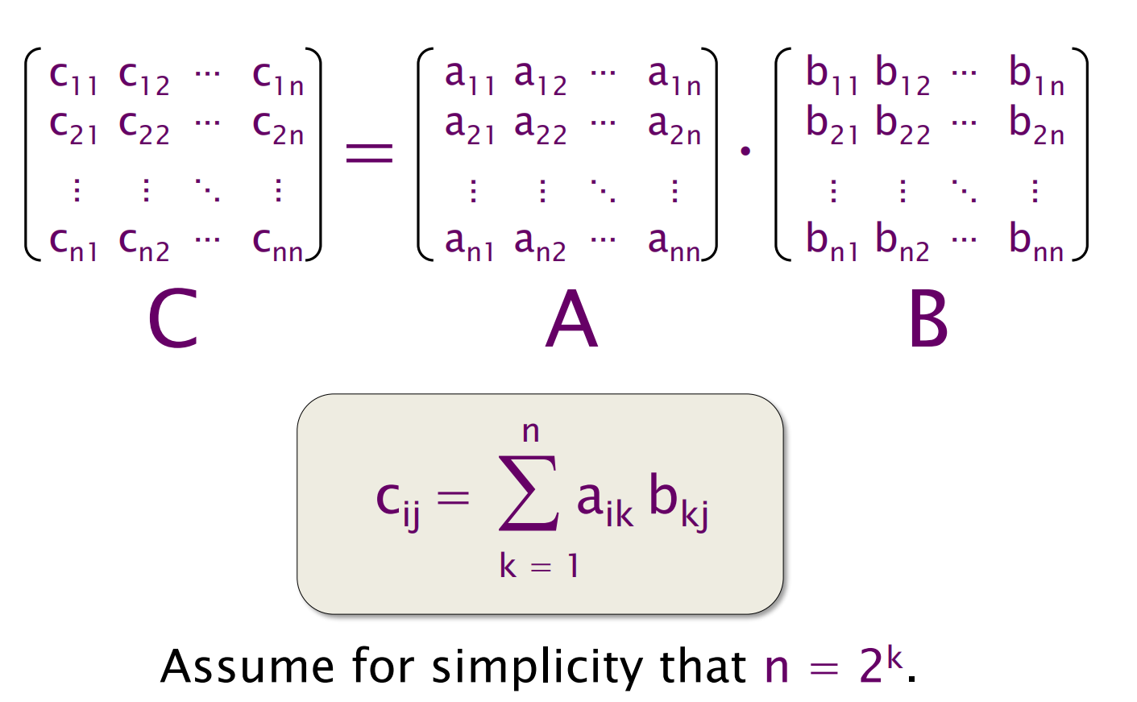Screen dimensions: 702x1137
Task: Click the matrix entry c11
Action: pos(73,78)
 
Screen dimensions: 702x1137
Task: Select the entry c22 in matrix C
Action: pos(143,128)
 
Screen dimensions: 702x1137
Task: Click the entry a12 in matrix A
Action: pos(540,78)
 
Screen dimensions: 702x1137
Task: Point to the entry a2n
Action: pos(674,128)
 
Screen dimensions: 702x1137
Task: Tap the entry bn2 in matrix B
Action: pos(902,243)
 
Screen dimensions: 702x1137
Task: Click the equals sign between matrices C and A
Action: pos(369,152)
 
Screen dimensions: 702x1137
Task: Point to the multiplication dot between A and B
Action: pos(745,151)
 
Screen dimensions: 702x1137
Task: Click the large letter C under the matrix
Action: pos(172,320)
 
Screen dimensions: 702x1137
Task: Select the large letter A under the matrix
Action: pos(571,320)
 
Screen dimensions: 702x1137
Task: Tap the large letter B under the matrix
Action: pos(927,320)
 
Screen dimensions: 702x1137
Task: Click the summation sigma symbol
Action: pos(529,493)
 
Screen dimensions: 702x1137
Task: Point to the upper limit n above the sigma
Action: pos(530,432)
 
